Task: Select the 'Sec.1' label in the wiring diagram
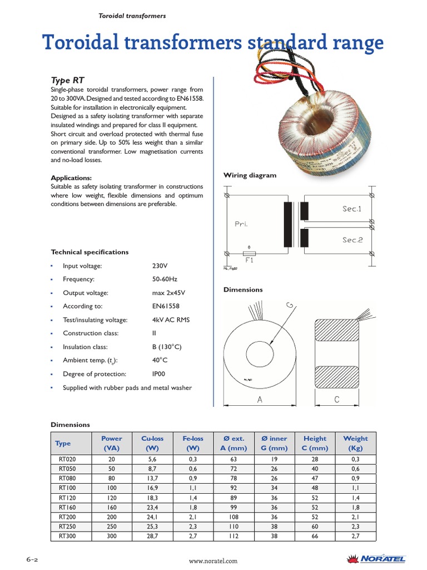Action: coord(352,209)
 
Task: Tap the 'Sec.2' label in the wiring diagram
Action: coord(352,240)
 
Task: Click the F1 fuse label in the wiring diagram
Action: coord(249,260)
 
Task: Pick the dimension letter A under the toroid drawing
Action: coord(260,399)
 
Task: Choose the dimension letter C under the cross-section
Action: coord(337,399)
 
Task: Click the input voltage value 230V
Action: coord(160,266)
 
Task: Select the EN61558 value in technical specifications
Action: coord(166,306)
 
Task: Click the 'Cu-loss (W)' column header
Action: coord(152,443)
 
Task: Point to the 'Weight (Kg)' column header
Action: coord(355,443)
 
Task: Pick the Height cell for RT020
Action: coord(315,459)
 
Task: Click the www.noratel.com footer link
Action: coord(213,561)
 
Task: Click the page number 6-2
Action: coord(31,558)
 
